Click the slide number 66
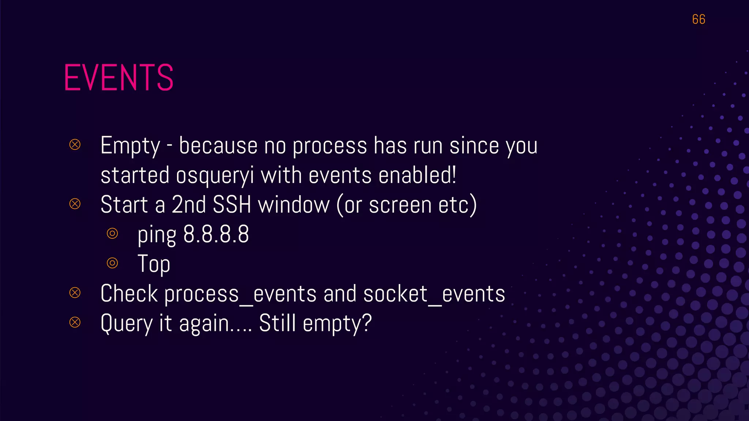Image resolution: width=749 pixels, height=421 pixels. pyautogui.click(x=698, y=19)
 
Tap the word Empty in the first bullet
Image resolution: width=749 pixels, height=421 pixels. pyautogui.click(x=130, y=146)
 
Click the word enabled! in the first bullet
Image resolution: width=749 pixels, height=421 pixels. pyautogui.click(x=417, y=175)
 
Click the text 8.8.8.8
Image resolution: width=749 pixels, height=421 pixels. pyautogui.click(x=216, y=234)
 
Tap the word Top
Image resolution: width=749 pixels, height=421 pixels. pyautogui.click(x=154, y=264)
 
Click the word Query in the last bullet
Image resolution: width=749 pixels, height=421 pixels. pyautogui.click(x=127, y=324)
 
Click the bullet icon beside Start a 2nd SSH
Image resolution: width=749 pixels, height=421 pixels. pyautogui.click(x=75, y=204)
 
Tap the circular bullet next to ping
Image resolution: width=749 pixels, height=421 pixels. pyautogui.click(x=112, y=233)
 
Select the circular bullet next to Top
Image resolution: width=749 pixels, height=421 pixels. pyautogui.click(x=112, y=263)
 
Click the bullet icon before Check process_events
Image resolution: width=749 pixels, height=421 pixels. pyautogui.click(x=75, y=292)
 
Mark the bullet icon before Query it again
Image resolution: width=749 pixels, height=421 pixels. pyautogui.click(x=75, y=322)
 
